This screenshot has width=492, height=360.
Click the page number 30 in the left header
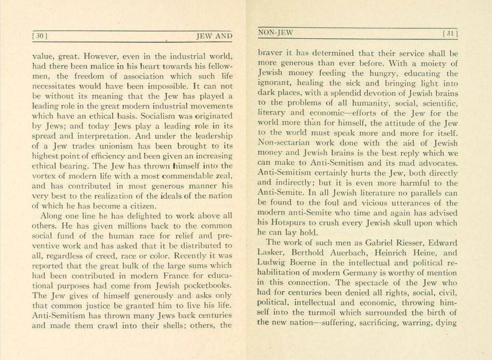point(40,36)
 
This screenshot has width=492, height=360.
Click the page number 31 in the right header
point(450,34)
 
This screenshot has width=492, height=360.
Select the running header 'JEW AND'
point(215,36)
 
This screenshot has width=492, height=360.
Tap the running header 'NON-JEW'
point(276,32)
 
